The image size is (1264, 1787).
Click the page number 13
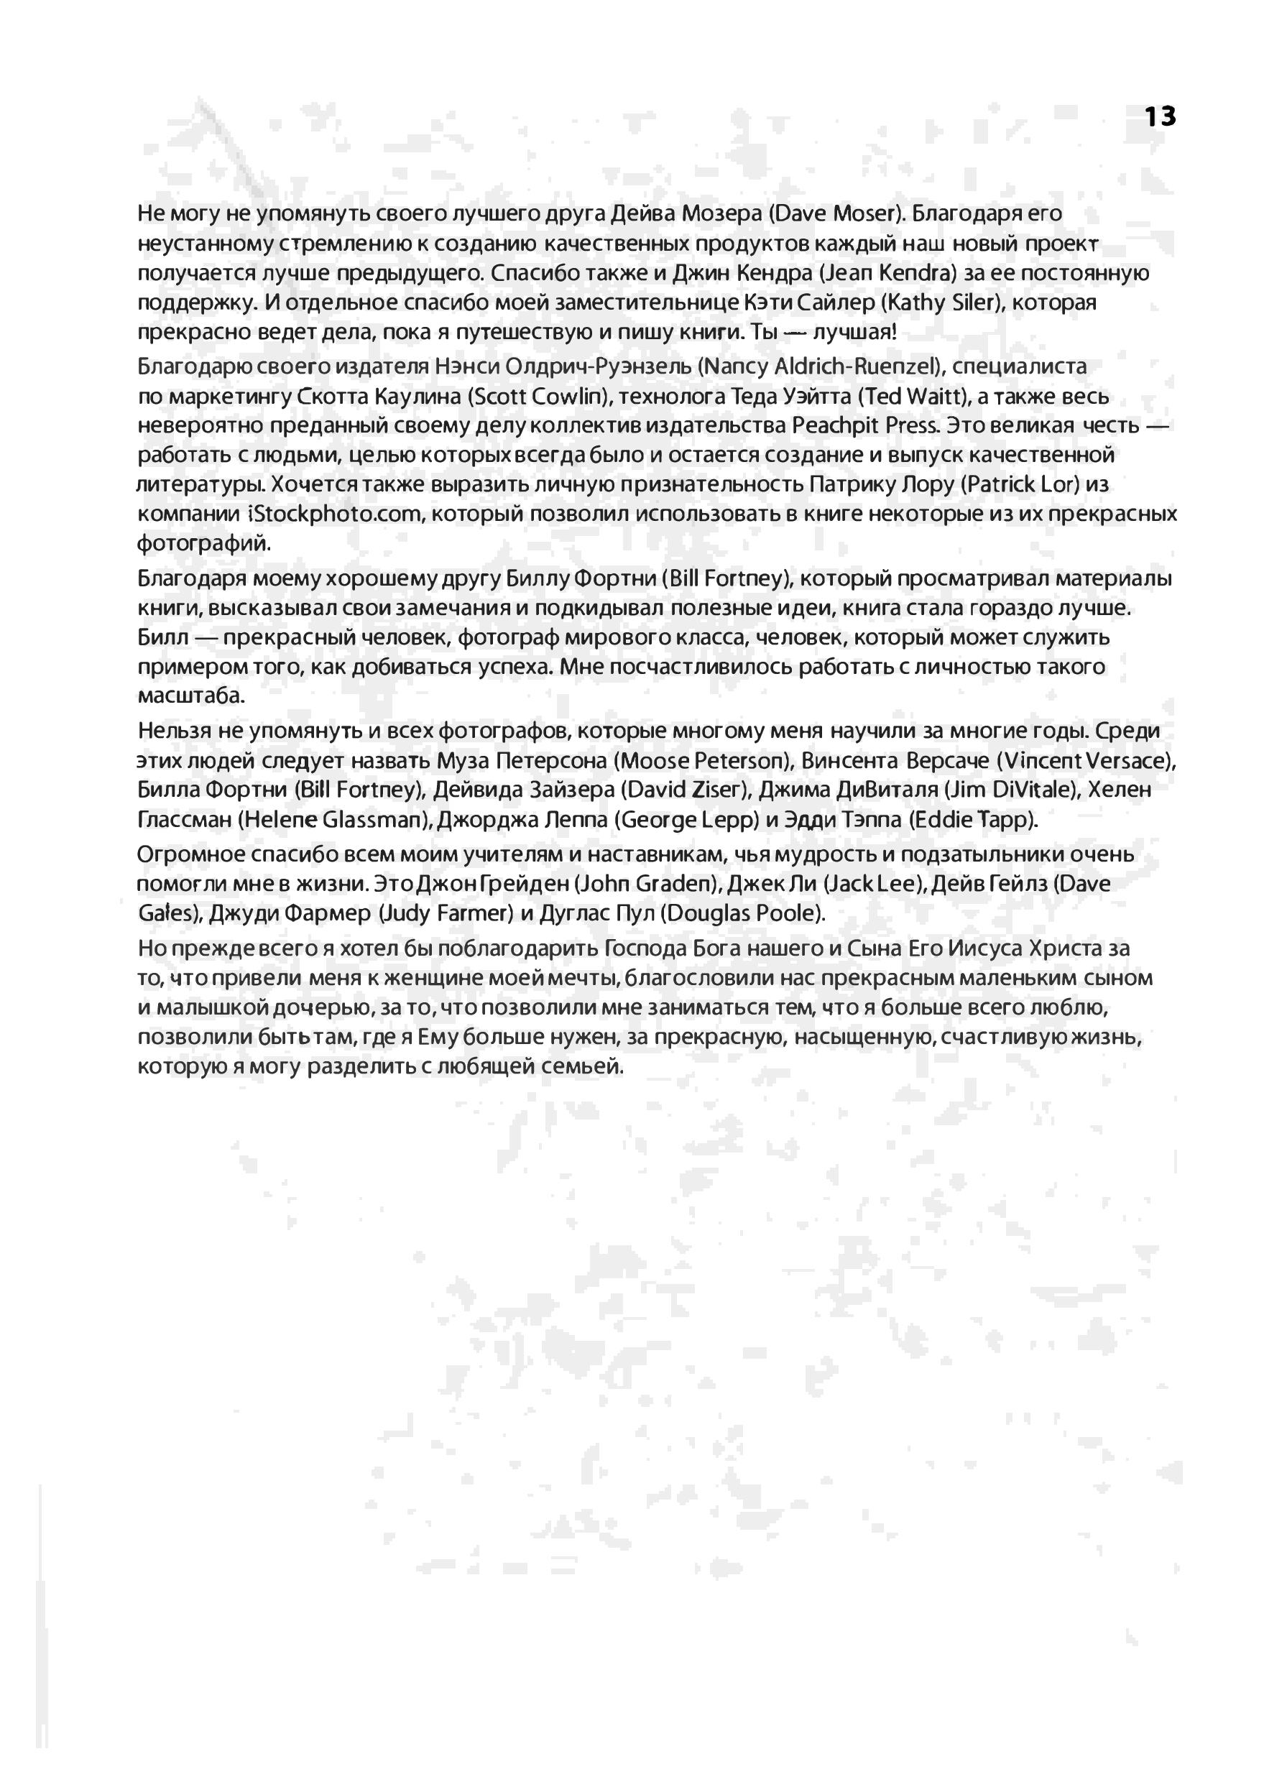[1160, 116]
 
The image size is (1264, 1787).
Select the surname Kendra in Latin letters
[916, 273]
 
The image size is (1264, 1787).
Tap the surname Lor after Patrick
[1058, 485]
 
